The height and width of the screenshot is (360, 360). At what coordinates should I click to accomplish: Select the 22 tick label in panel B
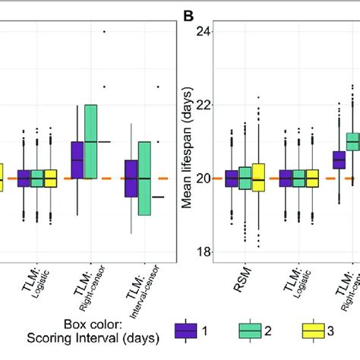click(x=201, y=105)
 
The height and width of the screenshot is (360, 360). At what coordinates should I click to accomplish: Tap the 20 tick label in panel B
click(x=201, y=178)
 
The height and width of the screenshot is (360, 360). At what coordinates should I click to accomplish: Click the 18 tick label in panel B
click(x=201, y=252)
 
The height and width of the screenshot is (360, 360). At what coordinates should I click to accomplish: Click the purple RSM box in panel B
click(x=231, y=178)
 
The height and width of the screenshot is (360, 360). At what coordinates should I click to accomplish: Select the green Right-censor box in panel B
click(x=352, y=141)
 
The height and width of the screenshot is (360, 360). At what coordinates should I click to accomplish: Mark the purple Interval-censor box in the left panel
click(x=131, y=179)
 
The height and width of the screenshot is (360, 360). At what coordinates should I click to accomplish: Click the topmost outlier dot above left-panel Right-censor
click(x=104, y=31)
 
